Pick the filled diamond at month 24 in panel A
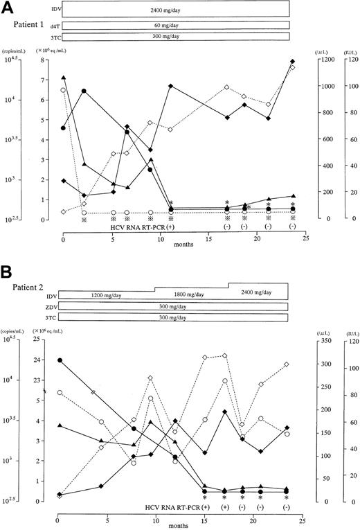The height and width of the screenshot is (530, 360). [293, 62]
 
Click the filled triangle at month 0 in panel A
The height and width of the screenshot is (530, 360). [64, 78]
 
